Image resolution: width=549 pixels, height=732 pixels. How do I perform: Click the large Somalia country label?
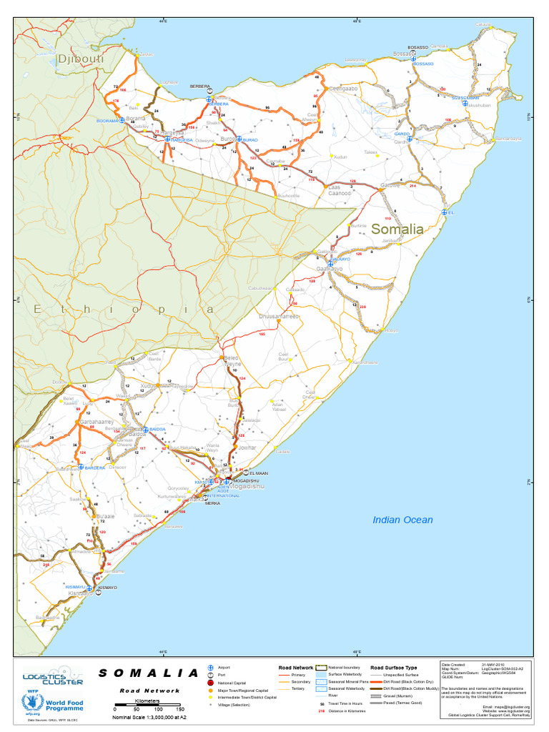[x=397, y=229]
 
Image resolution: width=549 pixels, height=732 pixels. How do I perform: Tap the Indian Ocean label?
[x=402, y=520]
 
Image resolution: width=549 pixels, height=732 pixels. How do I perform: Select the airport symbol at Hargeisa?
[x=167, y=140]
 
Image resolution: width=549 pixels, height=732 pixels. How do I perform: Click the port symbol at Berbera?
[x=209, y=91]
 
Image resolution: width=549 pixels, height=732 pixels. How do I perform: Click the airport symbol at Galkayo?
[x=330, y=264]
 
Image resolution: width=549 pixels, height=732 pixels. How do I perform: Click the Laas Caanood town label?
[x=339, y=190]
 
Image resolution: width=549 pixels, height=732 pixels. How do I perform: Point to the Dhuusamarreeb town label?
[x=279, y=315]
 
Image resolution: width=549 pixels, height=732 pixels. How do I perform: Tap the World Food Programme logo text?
[x=64, y=705]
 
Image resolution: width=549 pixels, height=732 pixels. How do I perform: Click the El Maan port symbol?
[x=247, y=473]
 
